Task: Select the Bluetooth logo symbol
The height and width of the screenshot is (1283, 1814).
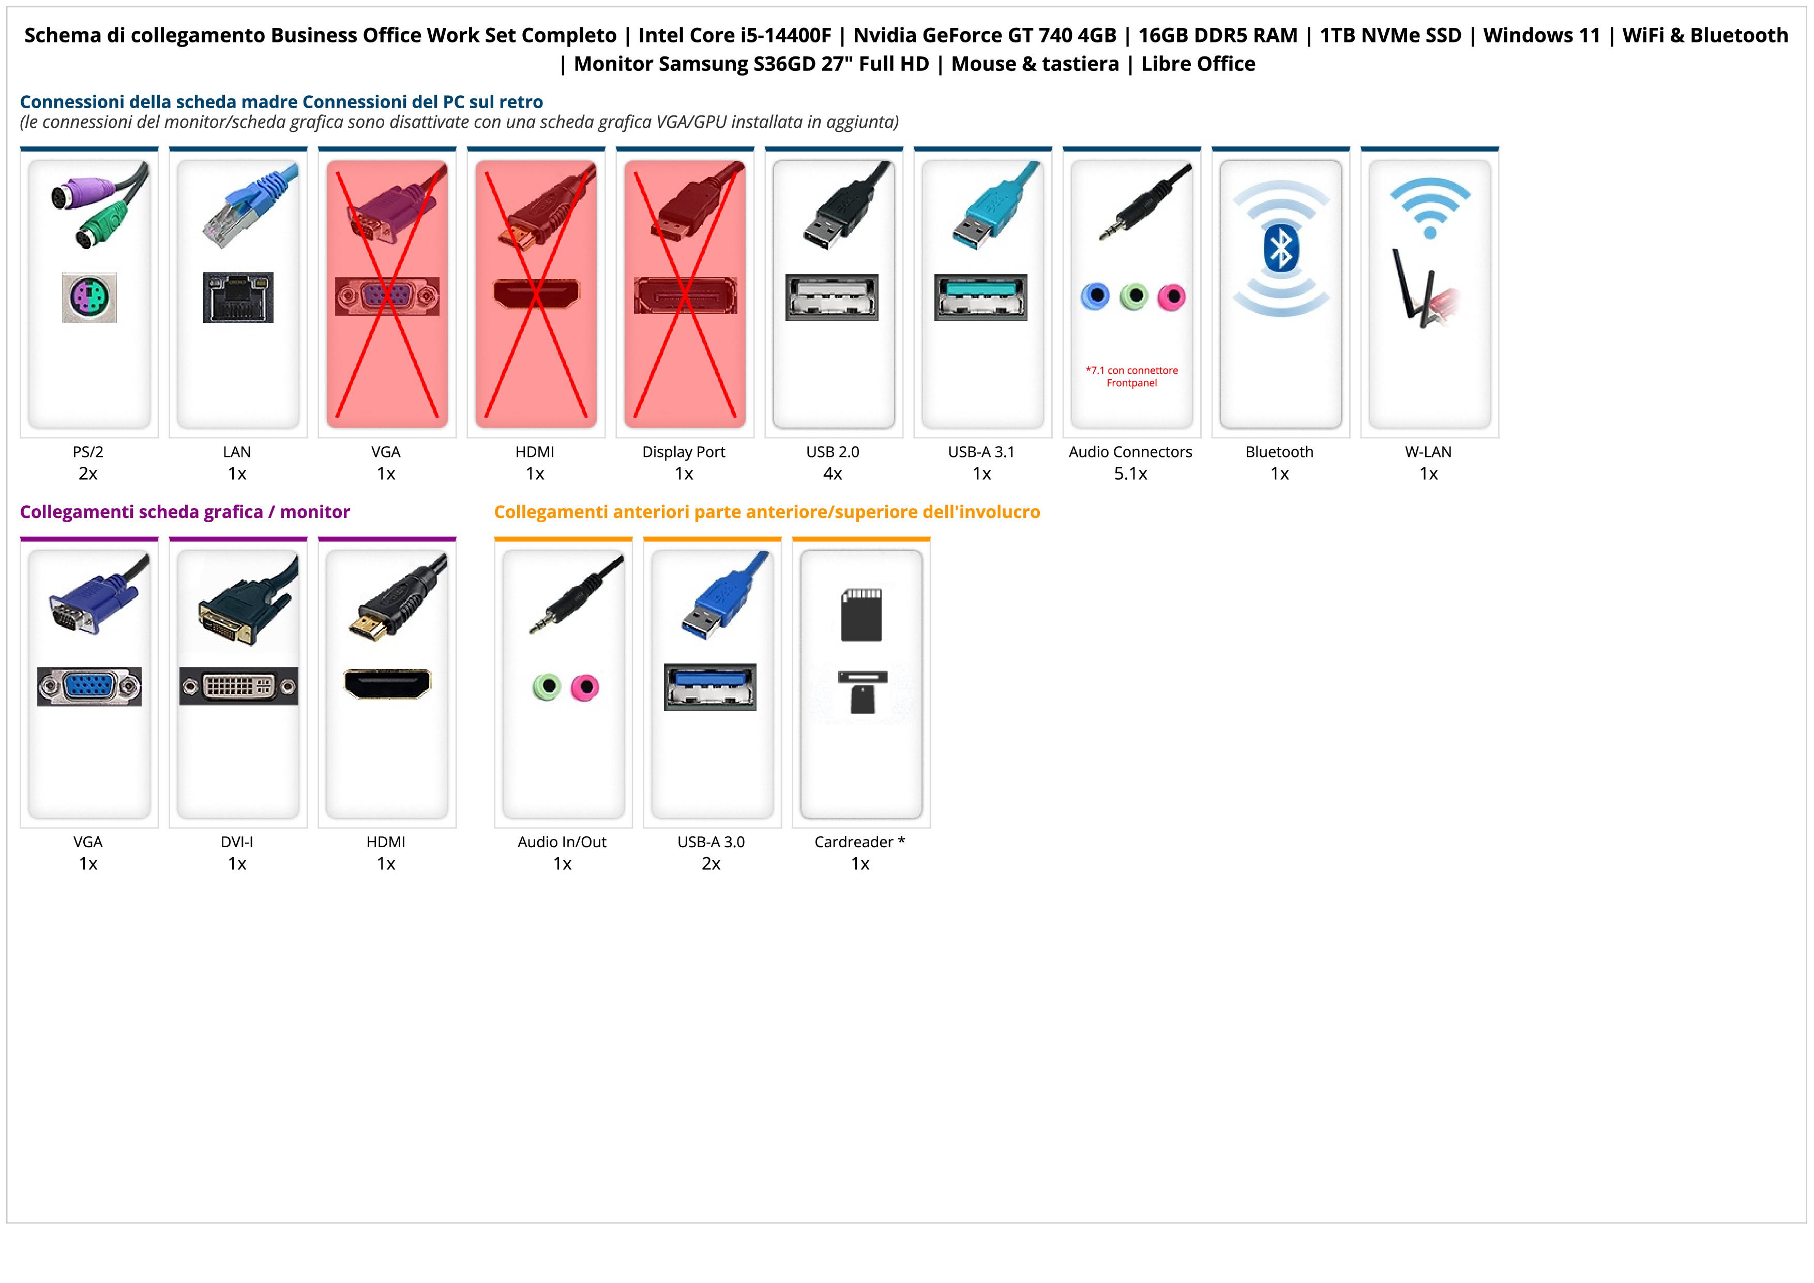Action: [1280, 249]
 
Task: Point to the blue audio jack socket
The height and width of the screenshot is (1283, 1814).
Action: [1095, 297]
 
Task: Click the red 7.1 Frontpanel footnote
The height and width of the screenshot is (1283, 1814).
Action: [1131, 376]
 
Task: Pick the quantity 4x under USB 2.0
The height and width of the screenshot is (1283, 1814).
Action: [833, 474]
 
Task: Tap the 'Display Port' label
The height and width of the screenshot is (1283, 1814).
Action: [684, 452]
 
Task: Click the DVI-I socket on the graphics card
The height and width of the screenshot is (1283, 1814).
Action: [238, 686]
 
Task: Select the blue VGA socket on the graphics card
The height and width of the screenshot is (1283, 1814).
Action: [89, 686]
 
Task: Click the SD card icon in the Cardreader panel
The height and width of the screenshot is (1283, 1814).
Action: [861, 614]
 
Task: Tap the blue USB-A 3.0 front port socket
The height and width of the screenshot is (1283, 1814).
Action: [711, 687]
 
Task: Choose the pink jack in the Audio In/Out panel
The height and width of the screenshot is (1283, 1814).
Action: [585, 687]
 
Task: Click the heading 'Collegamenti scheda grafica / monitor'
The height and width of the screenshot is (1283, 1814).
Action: [185, 512]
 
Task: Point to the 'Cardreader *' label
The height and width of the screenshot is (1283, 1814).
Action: [859, 842]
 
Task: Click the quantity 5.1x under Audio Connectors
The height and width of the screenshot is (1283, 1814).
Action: [1130, 474]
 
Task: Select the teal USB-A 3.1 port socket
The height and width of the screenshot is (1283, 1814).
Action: [981, 297]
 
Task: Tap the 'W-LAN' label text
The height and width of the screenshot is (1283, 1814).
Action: [1428, 452]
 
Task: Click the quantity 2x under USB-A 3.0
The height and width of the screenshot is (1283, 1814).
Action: [711, 863]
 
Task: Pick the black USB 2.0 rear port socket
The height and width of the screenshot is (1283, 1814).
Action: [832, 297]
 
